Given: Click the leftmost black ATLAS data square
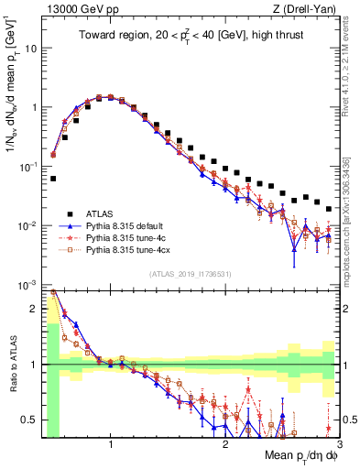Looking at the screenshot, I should click(x=53, y=179).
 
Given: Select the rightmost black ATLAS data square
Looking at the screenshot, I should click(x=329, y=209).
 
